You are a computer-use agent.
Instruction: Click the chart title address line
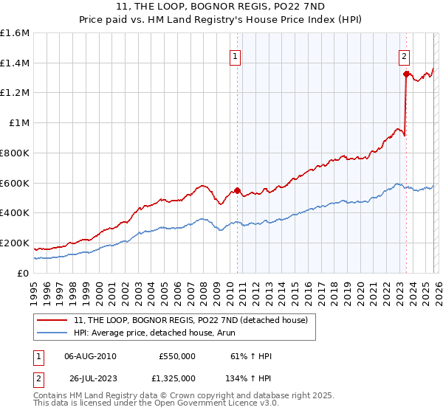[221, 6]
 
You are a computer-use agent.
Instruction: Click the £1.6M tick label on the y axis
[15, 33]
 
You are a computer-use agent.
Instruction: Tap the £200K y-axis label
[15, 243]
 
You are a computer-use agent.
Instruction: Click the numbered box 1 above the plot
[235, 55]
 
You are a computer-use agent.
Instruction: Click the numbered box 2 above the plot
[405, 55]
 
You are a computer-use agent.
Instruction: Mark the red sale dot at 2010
[237, 190]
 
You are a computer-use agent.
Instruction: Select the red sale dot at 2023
[406, 74]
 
